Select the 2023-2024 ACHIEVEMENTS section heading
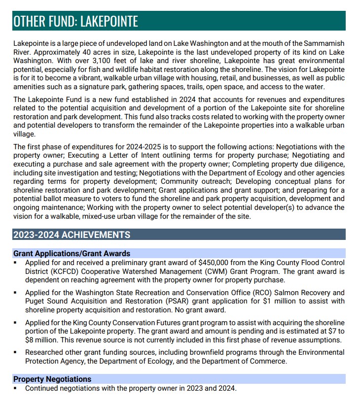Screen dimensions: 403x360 coord(72,235)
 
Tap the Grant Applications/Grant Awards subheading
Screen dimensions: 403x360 coord(72,253)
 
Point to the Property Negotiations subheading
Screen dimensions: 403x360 coord(52,379)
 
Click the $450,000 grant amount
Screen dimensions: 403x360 coord(216,263)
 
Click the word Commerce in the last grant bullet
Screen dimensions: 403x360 coord(269,361)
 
